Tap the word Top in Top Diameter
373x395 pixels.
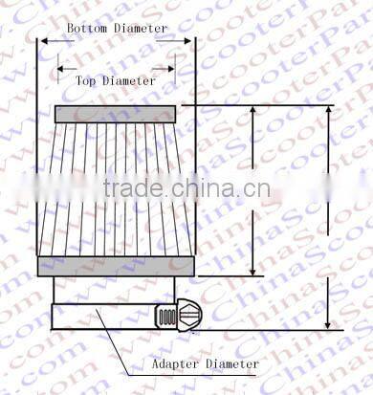click(x=88, y=81)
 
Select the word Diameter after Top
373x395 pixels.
click(x=130, y=81)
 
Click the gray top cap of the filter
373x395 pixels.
click(x=115, y=114)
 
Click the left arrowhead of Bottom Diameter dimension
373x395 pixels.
click(x=41, y=41)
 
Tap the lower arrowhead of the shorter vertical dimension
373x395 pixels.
click(x=252, y=272)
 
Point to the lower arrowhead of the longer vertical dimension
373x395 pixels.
click(x=327, y=325)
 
